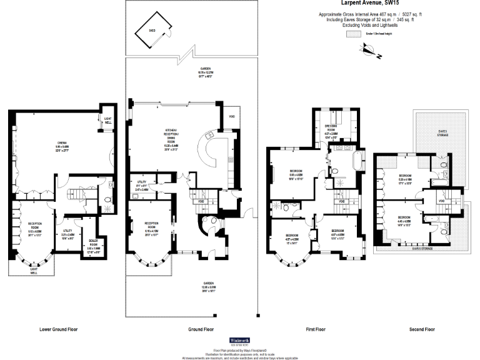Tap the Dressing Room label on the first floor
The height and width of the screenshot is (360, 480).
point(331,132)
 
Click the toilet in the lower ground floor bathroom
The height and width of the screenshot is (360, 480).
point(108,201)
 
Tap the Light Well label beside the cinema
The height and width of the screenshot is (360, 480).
point(108,121)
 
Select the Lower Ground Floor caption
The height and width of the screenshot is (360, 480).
point(59,329)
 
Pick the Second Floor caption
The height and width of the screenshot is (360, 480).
point(421,329)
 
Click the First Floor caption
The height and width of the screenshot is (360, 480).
point(316,329)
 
